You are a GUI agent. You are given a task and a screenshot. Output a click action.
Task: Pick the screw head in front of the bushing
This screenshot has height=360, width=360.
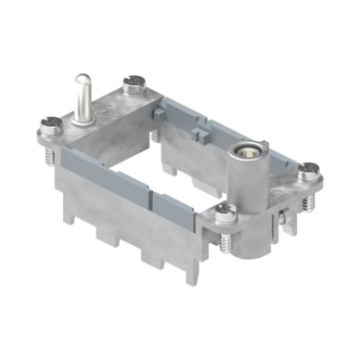(225, 215)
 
